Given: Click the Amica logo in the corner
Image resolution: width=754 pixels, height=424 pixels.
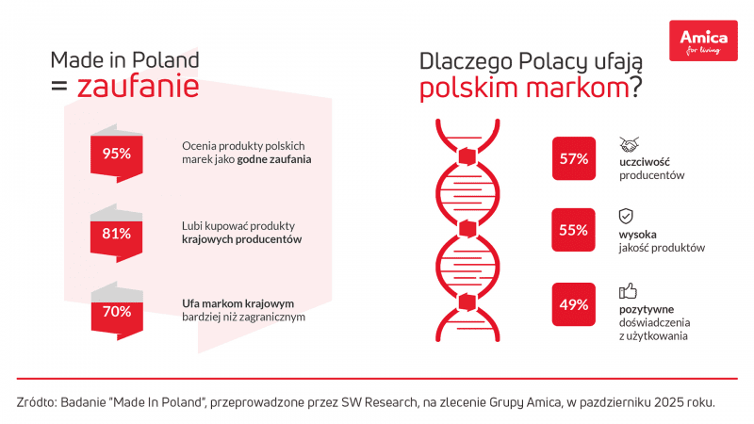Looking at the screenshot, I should pyautogui.click(x=703, y=41).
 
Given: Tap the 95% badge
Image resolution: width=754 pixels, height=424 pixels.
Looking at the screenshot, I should pyautogui.click(x=116, y=154).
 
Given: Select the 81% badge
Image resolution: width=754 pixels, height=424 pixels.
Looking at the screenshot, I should pyautogui.click(x=116, y=234).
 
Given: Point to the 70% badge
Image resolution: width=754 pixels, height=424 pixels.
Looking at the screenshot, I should pyautogui.click(x=116, y=311).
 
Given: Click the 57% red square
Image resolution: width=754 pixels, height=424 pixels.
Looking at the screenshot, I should pyautogui.click(x=573, y=158).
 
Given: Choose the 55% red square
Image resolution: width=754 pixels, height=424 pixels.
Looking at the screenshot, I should pyautogui.click(x=573, y=230).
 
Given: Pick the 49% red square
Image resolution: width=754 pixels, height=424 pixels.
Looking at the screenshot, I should pyautogui.click(x=573, y=304).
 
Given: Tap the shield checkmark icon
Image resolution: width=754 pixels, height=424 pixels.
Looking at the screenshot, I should pyautogui.click(x=626, y=216).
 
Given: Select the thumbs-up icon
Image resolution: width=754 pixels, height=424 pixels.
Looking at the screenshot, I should pyautogui.click(x=627, y=290).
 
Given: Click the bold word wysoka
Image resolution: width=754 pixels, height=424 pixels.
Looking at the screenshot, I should pyautogui.click(x=637, y=234).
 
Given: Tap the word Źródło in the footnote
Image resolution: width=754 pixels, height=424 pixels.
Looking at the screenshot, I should pyautogui.click(x=35, y=401).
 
